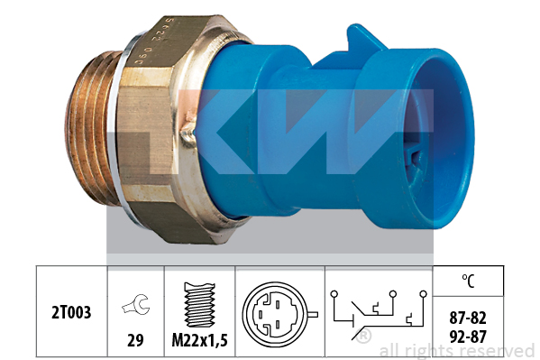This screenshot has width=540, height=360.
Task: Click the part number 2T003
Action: (x=71, y=312)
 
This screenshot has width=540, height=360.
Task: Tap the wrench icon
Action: (x=136, y=304)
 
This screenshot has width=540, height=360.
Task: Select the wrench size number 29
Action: (x=135, y=340)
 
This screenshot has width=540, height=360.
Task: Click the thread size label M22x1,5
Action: (x=200, y=341)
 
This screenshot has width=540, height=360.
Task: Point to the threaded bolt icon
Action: (x=199, y=305)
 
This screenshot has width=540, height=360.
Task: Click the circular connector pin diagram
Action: (x=278, y=314)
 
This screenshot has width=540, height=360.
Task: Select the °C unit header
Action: (x=468, y=281)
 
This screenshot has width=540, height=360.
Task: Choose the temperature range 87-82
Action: (x=468, y=318)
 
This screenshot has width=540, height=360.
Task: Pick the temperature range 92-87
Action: (x=468, y=337)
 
